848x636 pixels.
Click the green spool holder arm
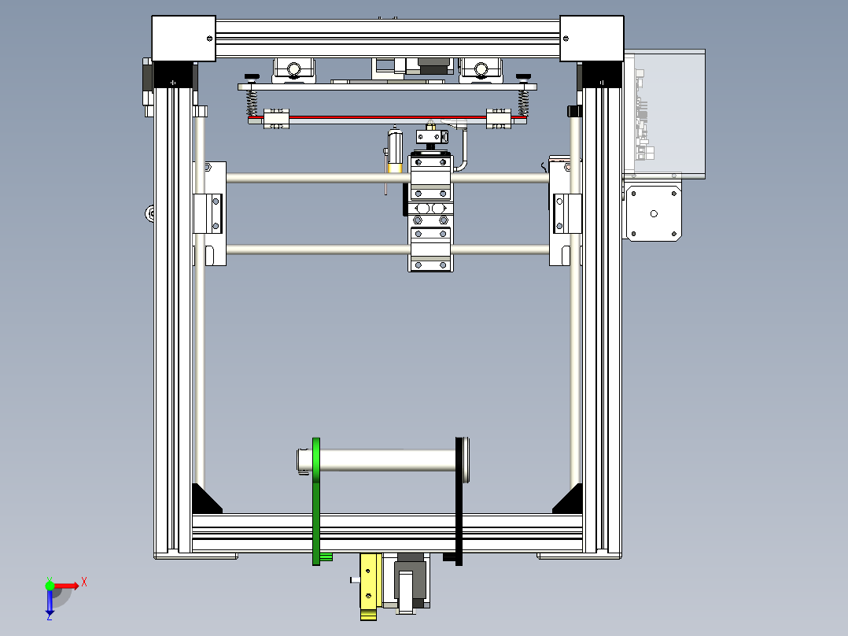pyautogui.click(x=316, y=496)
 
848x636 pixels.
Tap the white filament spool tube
pyautogui.click(x=385, y=460)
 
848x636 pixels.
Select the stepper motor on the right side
pyautogui.click(x=652, y=213)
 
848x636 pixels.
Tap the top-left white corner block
pyautogui.click(x=183, y=38)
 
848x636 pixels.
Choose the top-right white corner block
pyautogui.click(x=591, y=38)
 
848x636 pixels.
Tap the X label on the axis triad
pyautogui.click(x=84, y=582)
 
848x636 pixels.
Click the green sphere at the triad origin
pyautogui.click(x=50, y=585)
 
